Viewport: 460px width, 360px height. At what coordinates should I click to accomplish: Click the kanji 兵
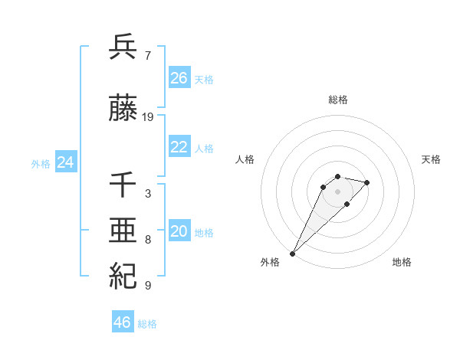coord(123,47)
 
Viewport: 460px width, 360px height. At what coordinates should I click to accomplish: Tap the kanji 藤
coord(123,109)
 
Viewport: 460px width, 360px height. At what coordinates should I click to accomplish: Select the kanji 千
coord(123,186)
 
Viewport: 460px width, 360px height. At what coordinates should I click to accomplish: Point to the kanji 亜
coord(123,231)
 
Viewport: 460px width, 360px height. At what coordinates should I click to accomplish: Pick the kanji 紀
coord(123,276)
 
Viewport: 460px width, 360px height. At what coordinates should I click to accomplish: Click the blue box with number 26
coord(179,78)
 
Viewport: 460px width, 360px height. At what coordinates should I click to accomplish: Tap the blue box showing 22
coord(179,147)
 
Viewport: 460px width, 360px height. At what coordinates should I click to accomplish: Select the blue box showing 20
coord(179,231)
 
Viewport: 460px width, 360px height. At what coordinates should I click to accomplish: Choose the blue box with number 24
coord(66,162)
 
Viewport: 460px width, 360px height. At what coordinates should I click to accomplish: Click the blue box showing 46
coord(123,322)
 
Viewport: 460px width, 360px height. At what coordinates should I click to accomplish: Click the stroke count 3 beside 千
coord(147,194)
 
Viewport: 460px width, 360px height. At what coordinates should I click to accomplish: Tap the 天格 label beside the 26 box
coord(204,80)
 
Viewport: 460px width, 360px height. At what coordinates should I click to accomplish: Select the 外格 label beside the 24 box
coord(41,164)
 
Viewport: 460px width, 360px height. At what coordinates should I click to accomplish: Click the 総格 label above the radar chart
coord(338,100)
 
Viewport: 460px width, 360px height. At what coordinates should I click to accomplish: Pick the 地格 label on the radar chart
coord(402,262)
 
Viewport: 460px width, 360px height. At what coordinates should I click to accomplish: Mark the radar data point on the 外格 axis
coord(293,253)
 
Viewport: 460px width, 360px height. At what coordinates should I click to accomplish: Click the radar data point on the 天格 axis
coord(367,182)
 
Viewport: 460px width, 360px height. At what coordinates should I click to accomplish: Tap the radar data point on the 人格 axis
coord(324,187)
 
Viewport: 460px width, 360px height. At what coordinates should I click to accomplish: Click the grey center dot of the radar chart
coord(338,191)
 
